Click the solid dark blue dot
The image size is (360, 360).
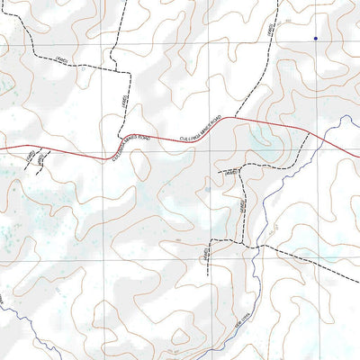[x=315, y=38]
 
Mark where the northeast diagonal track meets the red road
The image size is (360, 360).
[x=236, y=118]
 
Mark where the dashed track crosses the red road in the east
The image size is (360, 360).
[x=308, y=134]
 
